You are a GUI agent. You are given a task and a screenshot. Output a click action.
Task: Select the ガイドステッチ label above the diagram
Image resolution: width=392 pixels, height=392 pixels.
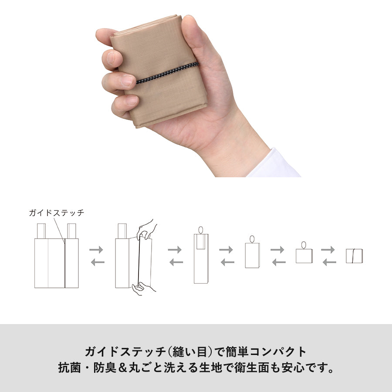[57, 213]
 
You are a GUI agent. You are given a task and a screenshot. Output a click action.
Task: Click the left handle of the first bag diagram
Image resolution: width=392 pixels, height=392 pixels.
[41, 231]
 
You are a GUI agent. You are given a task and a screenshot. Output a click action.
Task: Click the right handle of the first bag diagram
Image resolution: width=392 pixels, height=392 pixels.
[71, 231]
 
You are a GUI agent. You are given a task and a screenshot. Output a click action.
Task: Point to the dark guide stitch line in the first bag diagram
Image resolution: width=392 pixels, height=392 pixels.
[65, 263]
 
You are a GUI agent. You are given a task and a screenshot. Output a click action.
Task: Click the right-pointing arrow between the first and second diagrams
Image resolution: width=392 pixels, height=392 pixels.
[96, 250]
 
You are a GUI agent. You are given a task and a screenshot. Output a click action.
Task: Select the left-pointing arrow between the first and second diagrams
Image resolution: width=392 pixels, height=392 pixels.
[98, 262]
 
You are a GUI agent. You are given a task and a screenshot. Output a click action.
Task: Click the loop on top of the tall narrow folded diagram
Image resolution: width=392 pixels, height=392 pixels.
[201, 230]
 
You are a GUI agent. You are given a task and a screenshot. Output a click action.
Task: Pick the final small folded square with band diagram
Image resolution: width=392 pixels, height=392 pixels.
[354, 256]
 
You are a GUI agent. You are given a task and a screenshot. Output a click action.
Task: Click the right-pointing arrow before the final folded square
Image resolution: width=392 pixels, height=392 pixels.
[328, 250]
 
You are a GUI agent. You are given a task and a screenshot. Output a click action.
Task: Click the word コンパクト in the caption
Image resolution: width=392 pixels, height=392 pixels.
[278, 352]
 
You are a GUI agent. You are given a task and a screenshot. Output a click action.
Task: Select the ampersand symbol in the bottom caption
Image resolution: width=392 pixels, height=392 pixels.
[122, 368]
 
